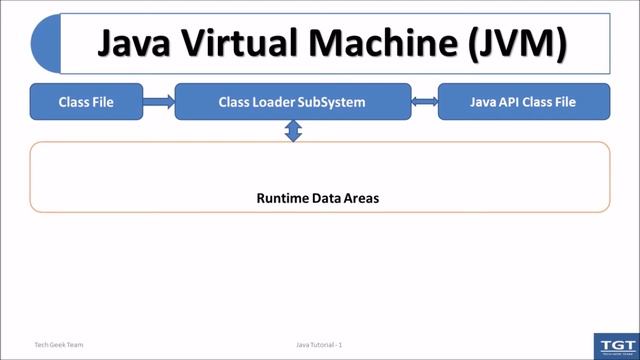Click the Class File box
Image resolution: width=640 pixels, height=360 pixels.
click(x=86, y=102)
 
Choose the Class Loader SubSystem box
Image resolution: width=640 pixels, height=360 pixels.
click(x=292, y=102)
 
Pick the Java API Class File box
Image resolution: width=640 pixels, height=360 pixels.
click(x=523, y=102)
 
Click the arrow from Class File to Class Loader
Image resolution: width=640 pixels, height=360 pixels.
click(x=159, y=102)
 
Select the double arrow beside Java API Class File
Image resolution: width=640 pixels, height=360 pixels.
click(x=425, y=102)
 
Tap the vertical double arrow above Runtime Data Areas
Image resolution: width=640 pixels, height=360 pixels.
click(x=293, y=131)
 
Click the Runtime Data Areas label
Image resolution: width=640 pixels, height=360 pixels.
click(x=318, y=198)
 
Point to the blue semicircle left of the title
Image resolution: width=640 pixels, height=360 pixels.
click(x=45, y=45)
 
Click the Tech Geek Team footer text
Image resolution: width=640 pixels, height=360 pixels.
click(x=59, y=344)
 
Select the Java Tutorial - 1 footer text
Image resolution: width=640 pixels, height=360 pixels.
click(x=319, y=344)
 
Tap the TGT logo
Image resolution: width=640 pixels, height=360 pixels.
click(x=615, y=345)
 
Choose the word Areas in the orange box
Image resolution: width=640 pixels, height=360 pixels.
click(x=361, y=198)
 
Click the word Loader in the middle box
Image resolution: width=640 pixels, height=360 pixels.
click(x=273, y=102)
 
